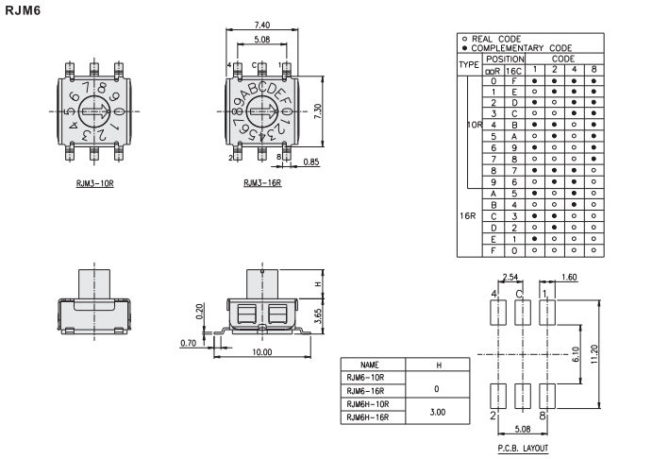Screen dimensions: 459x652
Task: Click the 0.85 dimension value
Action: (x=311, y=161)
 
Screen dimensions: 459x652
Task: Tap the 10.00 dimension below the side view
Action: (x=262, y=352)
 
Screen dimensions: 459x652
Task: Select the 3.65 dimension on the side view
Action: (x=319, y=314)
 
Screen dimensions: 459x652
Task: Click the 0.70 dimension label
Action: (x=189, y=342)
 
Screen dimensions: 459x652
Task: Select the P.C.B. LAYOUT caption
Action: (x=522, y=448)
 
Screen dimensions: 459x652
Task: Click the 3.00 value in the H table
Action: (x=438, y=411)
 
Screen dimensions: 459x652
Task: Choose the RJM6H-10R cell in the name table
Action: (x=369, y=403)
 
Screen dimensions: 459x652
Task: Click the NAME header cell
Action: (x=369, y=364)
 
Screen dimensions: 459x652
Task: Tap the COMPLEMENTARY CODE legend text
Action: (x=522, y=47)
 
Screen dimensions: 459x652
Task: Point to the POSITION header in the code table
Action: (x=500, y=58)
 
